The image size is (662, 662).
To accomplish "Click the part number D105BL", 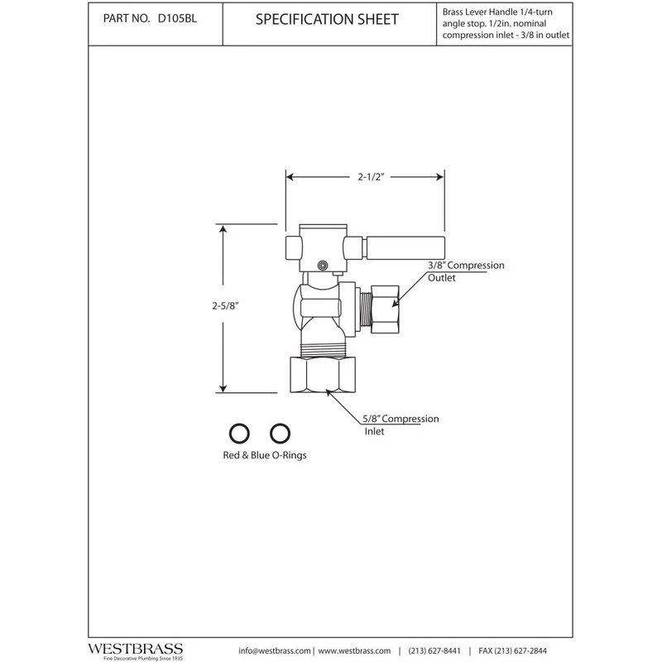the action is (177, 19).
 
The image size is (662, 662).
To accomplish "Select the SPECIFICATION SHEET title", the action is (327, 19).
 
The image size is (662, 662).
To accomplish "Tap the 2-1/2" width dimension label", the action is (371, 177).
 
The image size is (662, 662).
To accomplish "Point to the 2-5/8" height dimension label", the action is (225, 305).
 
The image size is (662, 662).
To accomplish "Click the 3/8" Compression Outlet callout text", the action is (466, 271).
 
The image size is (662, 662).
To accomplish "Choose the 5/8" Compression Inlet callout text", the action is (401, 425).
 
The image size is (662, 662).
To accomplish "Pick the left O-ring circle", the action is (239, 433).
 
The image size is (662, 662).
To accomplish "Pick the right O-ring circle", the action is (280, 433).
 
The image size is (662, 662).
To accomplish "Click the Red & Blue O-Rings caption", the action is (265, 455).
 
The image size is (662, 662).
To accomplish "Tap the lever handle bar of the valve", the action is (405, 248).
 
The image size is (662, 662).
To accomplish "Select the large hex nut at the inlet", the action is (323, 375).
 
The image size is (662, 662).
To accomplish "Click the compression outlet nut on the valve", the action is (385, 309).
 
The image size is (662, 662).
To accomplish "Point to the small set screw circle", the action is (323, 265).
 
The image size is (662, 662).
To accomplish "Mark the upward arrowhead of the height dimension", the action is (223, 229).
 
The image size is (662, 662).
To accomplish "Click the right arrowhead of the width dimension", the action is (440, 177).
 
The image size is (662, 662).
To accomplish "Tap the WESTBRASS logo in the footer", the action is (136, 650).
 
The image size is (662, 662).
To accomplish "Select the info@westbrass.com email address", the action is (275, 651).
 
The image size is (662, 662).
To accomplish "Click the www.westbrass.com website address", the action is (354, 651).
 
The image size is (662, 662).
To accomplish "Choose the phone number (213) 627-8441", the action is (434, 651).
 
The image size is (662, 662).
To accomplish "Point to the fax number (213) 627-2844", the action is (512, 651).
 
